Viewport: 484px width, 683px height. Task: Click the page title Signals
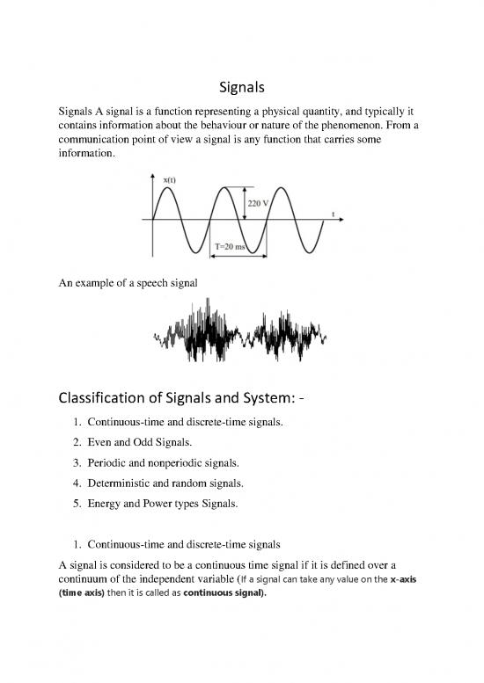point(242,89)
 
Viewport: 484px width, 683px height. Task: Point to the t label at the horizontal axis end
point(333,214)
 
